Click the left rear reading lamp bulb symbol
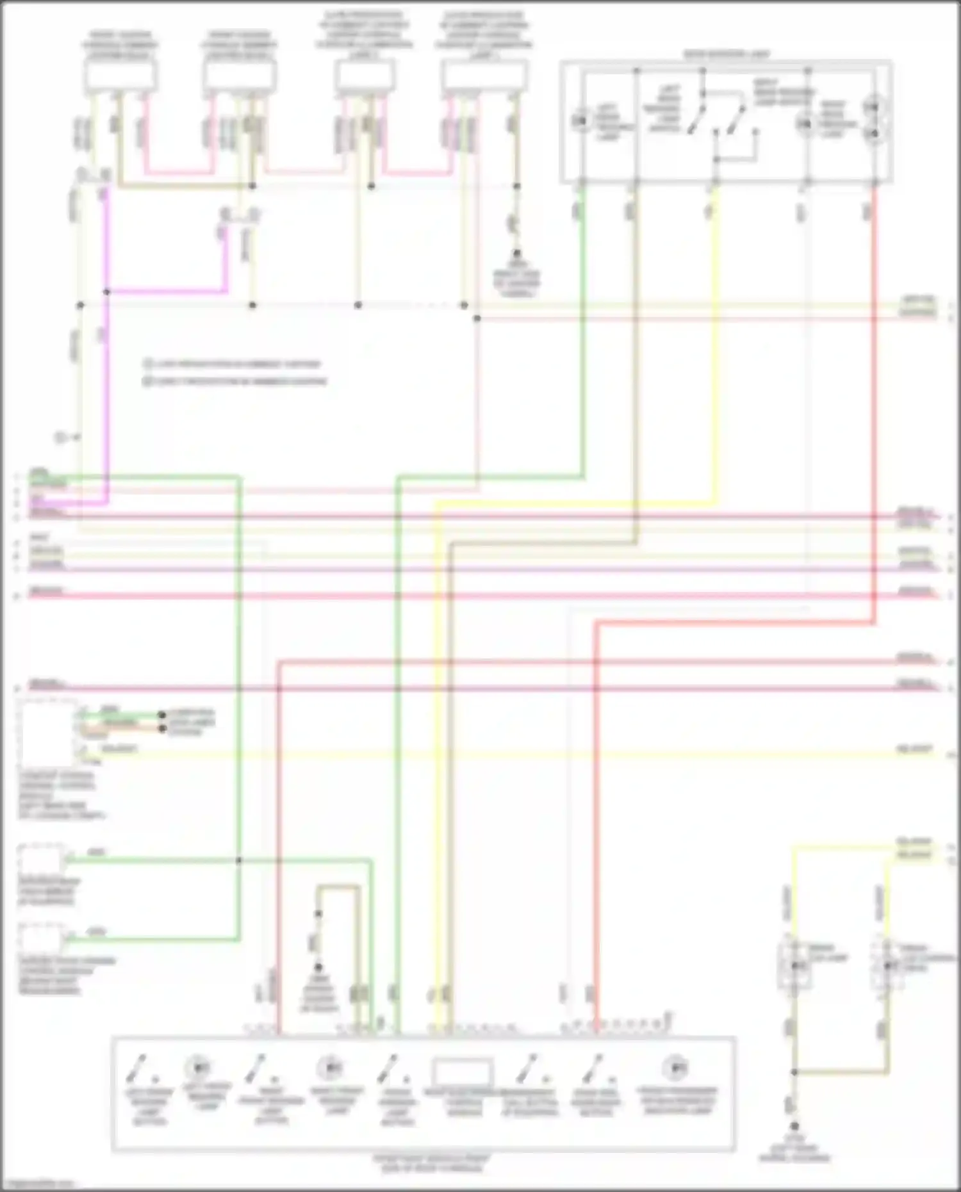pyautogui.click(x=582, y=120)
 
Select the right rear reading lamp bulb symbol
pyautogui.click(x=803, y=123)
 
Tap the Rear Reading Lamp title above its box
pyautogui.click(x=727, y=54)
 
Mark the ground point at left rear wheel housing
pyautogui.click(x=794, y=1126)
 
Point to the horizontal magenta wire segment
pyautogui.click(x=167, y=292)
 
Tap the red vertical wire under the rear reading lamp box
pyautogui.click(x=874, y=384)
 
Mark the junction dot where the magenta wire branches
pyautogui.click(x=107, y=292)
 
